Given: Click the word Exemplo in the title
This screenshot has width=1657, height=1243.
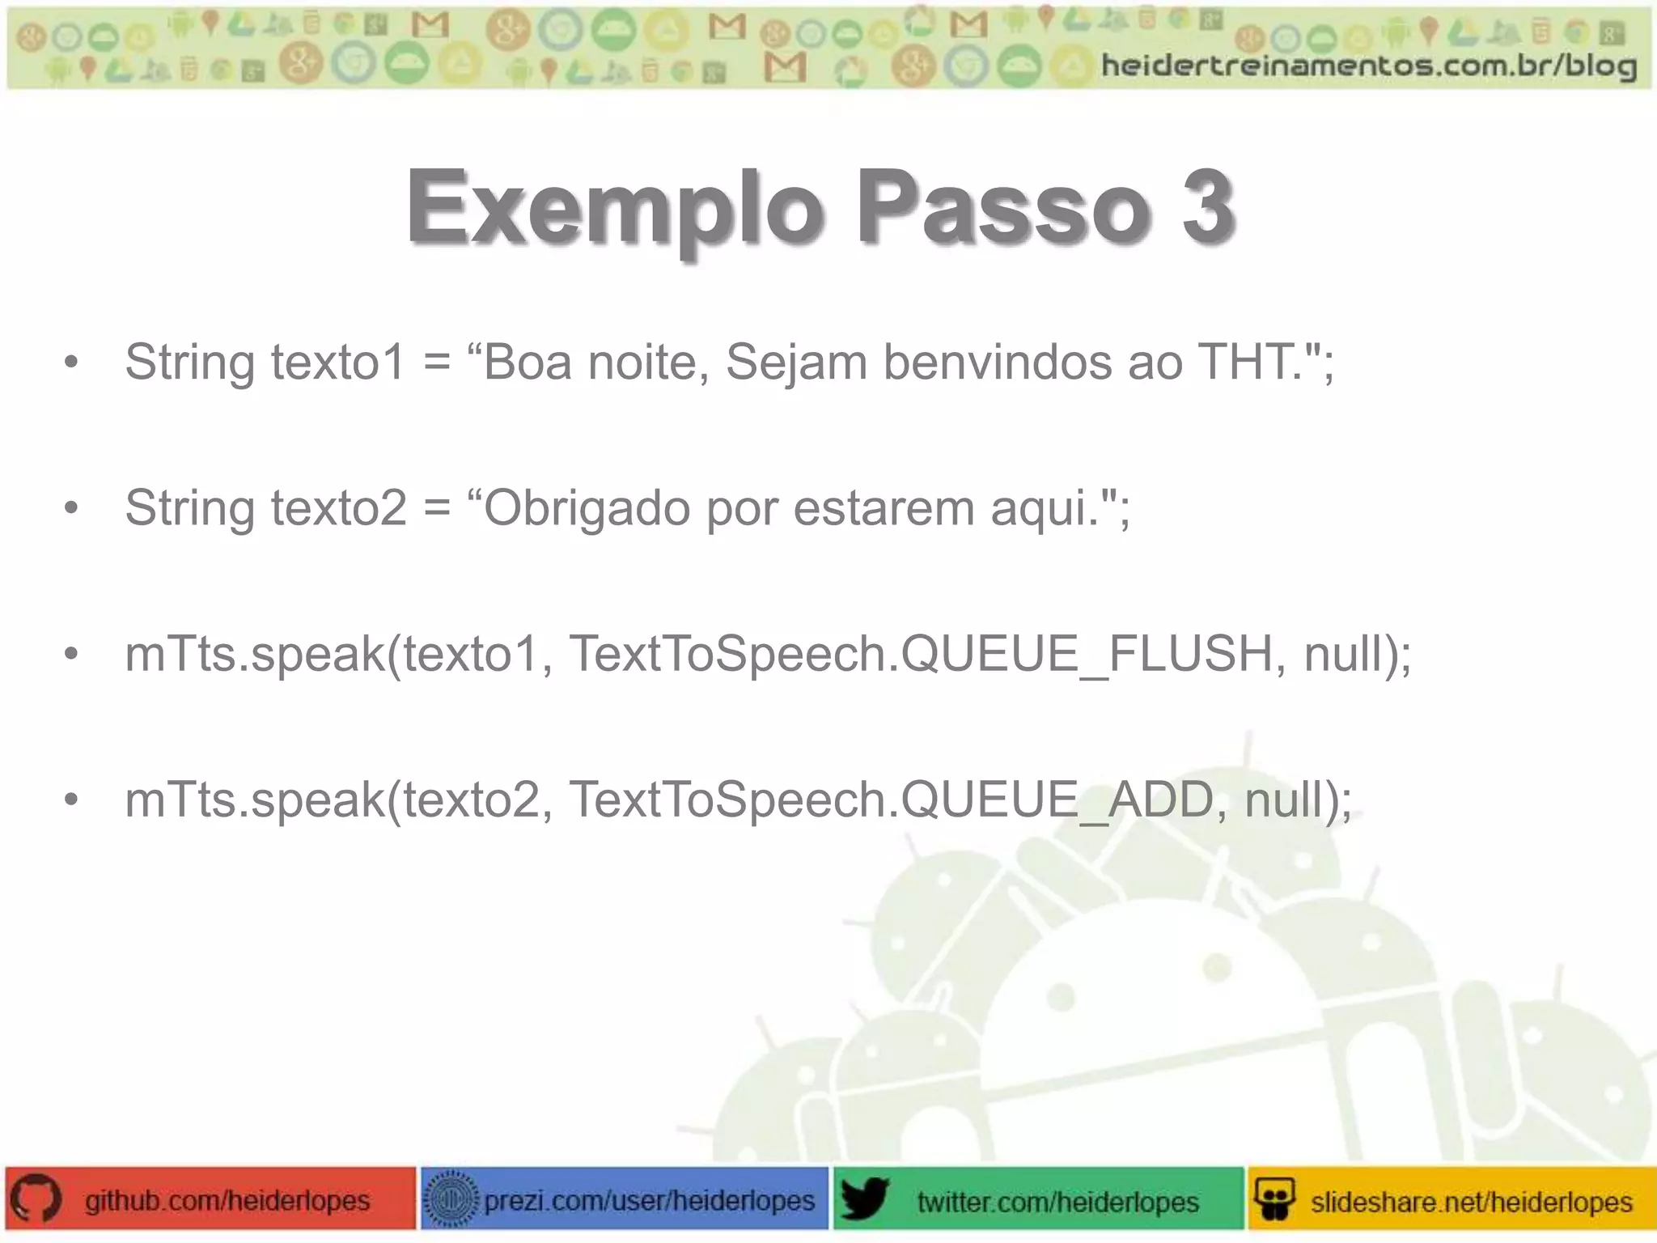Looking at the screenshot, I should (x=615, y=208).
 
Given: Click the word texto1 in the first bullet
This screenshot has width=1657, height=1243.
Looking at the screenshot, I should (x=337, y=362).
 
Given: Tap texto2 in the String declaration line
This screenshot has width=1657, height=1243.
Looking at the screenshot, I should (x=338, y=508).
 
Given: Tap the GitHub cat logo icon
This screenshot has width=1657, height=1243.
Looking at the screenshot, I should (x=36, y=1199).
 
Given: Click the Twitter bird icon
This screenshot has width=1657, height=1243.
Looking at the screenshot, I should (x=864, y=1199).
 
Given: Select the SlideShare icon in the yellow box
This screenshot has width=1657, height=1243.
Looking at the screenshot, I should (x=1275, y=1199).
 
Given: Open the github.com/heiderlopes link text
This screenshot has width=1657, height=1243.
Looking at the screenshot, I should (x=227, y=1200).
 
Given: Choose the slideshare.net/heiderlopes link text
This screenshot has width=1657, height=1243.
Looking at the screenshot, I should (x=1471, y=1202).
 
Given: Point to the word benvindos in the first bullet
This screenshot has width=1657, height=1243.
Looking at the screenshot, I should (x=997, y=362).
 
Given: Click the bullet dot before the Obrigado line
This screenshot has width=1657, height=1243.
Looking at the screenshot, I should (x=72, y=509).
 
